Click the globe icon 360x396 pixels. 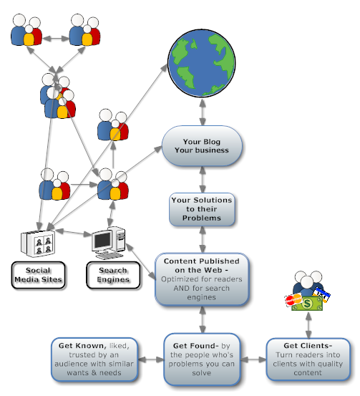202,63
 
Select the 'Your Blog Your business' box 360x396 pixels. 202,145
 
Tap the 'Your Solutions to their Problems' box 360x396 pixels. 202,209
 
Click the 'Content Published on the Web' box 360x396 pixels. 202,279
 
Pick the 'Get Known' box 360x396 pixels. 94,359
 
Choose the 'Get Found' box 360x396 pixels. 202,359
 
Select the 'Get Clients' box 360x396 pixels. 308,359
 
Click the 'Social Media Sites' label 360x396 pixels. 38,275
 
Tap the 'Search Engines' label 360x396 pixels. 113,275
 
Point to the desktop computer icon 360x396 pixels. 109,243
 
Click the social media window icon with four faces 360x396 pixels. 38,243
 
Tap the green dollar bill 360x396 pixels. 307,304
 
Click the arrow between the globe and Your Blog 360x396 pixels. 203,112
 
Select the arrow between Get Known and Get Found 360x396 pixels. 151,359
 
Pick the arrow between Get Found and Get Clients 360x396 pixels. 253,359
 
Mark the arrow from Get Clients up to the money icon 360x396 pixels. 308,325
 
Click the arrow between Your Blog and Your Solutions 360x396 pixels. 203,180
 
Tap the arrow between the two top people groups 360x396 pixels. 56,39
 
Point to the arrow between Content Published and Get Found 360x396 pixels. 203,319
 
